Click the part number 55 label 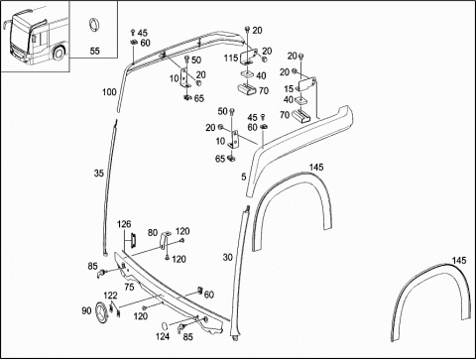[94, 51]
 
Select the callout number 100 [109, 92]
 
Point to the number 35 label [99, 173]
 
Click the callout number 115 [231, 58]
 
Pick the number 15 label [289, 89]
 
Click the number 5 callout [244, 177]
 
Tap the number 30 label [228, 257]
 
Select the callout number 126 [124, 224]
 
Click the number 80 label [153, 233]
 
